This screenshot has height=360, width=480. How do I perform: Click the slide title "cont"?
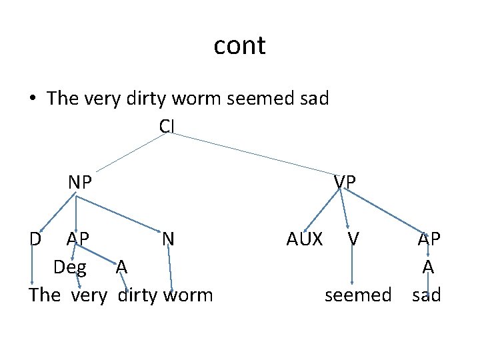(x=240, y=46)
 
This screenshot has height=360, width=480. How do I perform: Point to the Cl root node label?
(x=167, y=125)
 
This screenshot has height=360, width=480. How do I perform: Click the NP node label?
(x=80, y=181)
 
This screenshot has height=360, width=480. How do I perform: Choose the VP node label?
(x=345, y=181)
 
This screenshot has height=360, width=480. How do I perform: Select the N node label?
(x=168, y=238)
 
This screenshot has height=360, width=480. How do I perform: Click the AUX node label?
(x=305, y=238)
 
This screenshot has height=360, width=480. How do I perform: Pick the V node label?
(x=355, y=238)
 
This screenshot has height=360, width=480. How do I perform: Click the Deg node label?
(x=69, y=267)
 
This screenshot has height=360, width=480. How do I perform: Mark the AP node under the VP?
(x=429, y=238)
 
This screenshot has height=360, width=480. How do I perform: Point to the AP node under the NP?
(x=78, y=238)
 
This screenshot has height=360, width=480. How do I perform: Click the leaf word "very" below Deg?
(x=88, y=295)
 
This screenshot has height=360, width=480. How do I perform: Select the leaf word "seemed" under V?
(x=358, y=295)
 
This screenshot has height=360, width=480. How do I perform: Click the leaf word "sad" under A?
(x=427, y=295)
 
